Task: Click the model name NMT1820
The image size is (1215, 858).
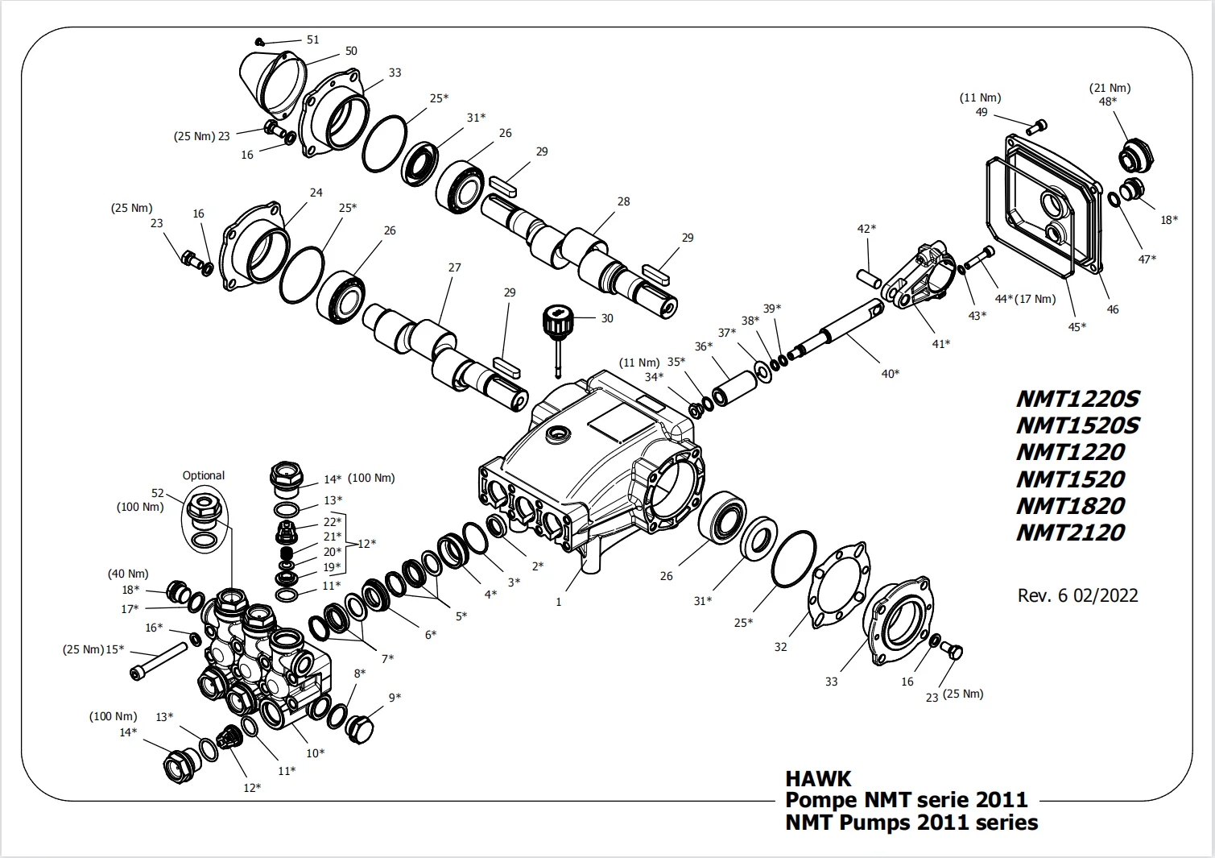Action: pos(1070,506)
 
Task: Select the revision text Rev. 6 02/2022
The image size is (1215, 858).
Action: pos(1077,595)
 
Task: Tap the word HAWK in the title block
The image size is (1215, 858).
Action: pos(817,778)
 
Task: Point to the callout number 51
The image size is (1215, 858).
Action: pos(312,39)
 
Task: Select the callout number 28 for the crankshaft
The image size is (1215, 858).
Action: pos(623,201)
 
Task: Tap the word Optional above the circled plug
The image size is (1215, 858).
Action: pos(203,475)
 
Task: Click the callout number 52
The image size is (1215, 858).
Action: pos(157,493)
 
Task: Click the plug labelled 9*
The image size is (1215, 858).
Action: pos(360,727)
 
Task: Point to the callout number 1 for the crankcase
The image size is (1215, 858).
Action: pos(559,601)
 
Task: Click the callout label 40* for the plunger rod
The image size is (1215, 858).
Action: pos(890,373)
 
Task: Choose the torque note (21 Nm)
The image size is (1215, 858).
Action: pos(1110,88)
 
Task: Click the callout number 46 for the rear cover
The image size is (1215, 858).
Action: pos(1113,309)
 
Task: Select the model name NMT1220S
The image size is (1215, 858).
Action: pos(1078,399)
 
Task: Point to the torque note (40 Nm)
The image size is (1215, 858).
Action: pos(128,574)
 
